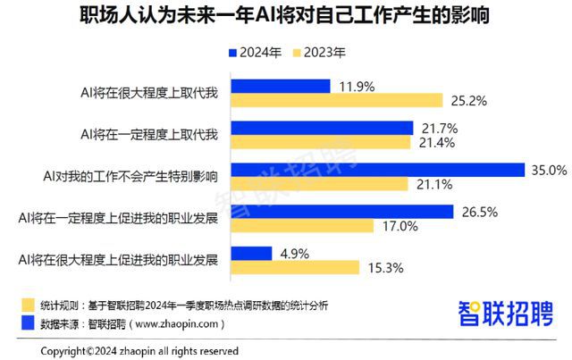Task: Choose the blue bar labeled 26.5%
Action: [x=344, y=212]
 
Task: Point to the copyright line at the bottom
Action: [x=139, y=350]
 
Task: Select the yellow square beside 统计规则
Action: [x=29, y=304]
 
